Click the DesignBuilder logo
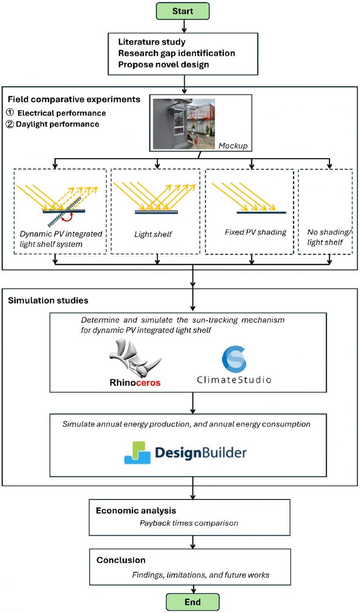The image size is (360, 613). coord(185,452)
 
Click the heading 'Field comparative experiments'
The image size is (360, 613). coord(74,99)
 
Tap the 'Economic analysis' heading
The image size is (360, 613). coord(130,510)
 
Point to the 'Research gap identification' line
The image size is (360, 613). coord(176,53)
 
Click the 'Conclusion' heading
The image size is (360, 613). coord(121,560)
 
